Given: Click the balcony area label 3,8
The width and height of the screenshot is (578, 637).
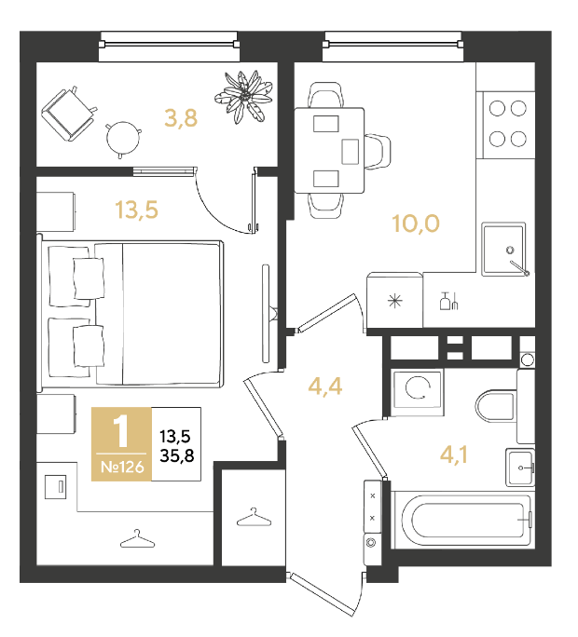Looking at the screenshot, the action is tap(181, 118).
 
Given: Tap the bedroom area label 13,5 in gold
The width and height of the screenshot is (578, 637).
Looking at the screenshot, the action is tap(137, 210).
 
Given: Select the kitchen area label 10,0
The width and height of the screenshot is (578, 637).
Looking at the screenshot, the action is tap(416, 224).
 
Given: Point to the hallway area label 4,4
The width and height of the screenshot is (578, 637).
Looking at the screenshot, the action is tap(325, 386).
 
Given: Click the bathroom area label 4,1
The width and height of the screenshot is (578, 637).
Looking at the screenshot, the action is tap(453, 454).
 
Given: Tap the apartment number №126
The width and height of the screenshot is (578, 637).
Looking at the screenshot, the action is tap(122, 468).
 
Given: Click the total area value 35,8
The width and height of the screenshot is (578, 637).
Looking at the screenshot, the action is tap(177, 456).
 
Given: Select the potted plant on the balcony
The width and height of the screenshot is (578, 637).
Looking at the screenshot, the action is tap(243, 97).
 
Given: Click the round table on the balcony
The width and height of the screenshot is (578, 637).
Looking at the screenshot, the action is tap(123, 139).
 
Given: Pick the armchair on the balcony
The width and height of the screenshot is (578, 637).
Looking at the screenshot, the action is tap(69, 114).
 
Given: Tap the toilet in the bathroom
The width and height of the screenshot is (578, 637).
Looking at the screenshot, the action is tap(495, 406).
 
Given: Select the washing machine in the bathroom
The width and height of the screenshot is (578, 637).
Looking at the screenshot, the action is tap(417, 392).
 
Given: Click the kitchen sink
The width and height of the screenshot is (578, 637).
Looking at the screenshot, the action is tap(504, 250).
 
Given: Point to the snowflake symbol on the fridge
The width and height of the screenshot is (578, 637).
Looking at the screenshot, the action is tap(394, 301).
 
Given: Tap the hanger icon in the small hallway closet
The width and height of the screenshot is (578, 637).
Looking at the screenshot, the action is tap(254, 517).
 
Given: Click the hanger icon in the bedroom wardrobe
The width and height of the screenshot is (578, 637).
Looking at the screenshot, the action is tap(137, 538).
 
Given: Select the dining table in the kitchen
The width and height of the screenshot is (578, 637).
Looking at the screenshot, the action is tap(329, 150).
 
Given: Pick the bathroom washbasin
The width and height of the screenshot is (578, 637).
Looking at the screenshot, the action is tap(520, 468).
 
